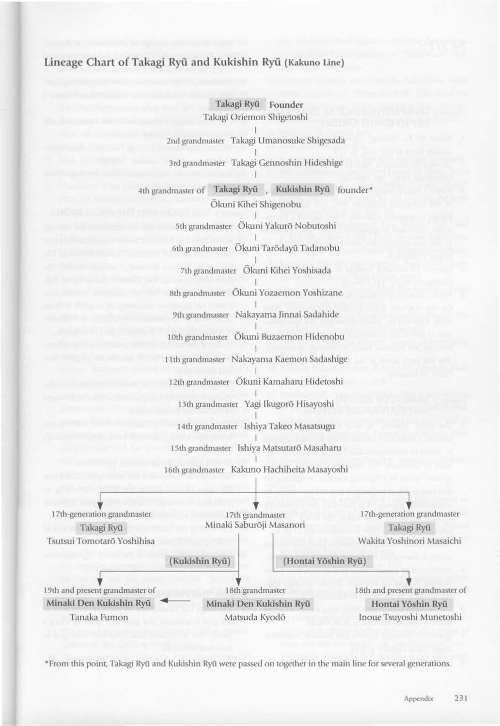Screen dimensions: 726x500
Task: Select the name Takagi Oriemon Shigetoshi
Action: click(x=255, y=117)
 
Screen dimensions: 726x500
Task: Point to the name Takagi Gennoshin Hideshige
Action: click(x=287, y=163)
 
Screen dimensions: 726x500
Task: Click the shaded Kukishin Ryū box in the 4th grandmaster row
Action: click(x=302, y=189)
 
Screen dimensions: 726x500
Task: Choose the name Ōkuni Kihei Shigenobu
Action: click(x=256, y=204)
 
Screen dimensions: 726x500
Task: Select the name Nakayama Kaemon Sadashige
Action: click(x=289, y=359)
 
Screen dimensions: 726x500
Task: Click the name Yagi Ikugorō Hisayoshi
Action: click(x=289, y=403)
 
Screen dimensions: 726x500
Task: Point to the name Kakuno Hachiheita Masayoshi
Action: click(x=289, y=469)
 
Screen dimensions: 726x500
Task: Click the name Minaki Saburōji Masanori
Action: click(x=255, y=525)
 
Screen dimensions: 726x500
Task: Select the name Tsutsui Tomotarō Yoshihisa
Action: click(x=101, y=541)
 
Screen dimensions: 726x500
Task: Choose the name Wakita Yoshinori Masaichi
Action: click(x=409, y=541)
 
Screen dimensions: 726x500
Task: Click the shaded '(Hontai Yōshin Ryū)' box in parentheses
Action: click(x=324, y=561)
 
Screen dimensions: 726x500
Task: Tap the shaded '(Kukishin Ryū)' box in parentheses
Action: click(x=200, y=561)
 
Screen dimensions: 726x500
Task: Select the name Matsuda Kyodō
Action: click(x=255, y=618)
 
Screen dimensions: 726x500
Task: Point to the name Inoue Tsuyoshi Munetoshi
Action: click(x=410, y=618)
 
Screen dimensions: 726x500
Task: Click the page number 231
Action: click(x=460, y=698)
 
